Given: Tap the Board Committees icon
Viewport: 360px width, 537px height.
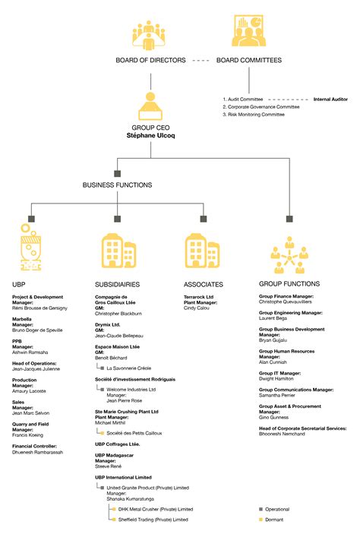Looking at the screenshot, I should (248, 31).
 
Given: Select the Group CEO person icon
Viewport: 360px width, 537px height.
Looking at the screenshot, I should (150, 106).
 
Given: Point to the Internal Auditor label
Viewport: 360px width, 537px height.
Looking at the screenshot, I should (331, 99).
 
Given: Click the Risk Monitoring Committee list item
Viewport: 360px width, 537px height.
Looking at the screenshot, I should (254, 114).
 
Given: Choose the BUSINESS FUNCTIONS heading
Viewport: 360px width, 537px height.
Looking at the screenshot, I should (117, 185).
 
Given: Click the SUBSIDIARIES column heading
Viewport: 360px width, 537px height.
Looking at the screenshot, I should (117, 284).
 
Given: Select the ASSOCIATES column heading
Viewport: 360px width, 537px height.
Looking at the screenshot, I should (204, 284).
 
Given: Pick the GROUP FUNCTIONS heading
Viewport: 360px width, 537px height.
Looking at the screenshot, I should (289, 284).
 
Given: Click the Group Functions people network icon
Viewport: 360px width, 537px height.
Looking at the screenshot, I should (289, 254).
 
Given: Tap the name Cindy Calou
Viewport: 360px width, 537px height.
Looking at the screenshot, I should (197, 308).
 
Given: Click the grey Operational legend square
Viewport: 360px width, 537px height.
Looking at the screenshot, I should (261, 510).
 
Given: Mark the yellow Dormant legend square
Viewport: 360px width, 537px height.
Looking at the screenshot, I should (261, 520).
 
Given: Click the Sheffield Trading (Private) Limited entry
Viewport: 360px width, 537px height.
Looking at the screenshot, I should (160, 520).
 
